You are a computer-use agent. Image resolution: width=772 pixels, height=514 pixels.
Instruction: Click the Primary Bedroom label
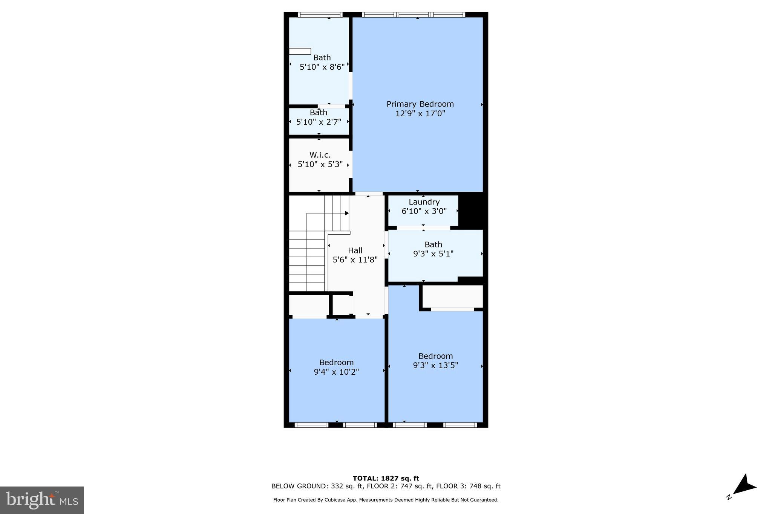point(420,104)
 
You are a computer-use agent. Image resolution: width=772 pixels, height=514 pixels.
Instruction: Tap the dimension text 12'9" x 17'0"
point(420,113)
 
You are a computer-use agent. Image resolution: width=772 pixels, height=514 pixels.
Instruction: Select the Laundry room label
point(424,202)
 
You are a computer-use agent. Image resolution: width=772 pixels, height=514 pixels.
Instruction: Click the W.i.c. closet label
point(320,155)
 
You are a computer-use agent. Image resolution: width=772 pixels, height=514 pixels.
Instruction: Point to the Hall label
point(355,250)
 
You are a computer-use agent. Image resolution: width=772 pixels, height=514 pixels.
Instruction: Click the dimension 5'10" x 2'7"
point(319,122)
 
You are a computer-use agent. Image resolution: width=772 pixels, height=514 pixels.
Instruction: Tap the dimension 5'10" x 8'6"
point(322,67)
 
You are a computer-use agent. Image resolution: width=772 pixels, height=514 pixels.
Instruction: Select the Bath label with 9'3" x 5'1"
point(433,244)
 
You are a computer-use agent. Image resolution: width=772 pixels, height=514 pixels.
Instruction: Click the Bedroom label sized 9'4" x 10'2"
point(336,362)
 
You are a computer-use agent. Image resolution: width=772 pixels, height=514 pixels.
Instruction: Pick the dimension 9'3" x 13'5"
point(435,365)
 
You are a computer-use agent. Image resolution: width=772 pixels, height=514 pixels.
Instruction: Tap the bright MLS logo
point(42,500)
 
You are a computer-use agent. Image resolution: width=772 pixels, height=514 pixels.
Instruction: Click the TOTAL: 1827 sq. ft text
point(386,478)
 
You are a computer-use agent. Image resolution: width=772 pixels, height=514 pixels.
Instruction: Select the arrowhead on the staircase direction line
point(347,213)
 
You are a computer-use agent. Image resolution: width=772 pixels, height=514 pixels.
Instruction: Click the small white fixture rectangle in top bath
point(300,51)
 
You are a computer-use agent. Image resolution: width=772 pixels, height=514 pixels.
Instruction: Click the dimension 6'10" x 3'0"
point(424,211)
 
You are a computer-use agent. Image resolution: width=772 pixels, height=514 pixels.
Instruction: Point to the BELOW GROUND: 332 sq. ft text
point(317,486)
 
